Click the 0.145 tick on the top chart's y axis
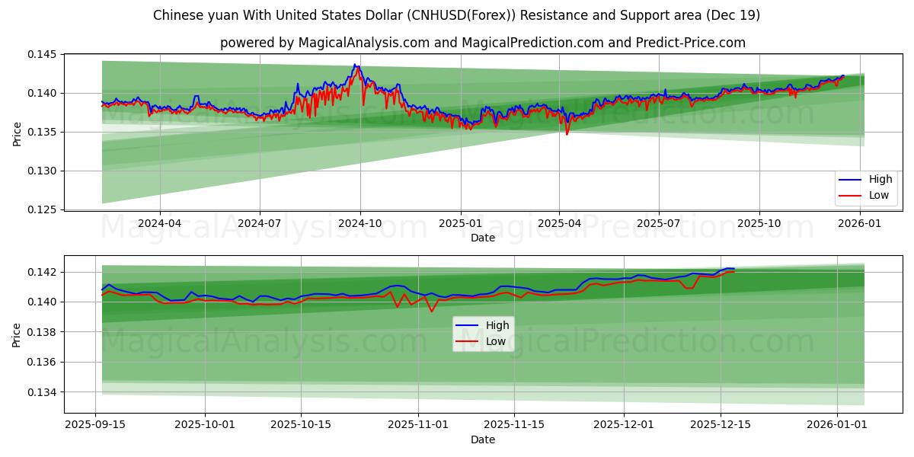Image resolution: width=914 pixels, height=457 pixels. coord(43,54)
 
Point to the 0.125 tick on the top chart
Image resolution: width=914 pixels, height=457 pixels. coord(43,209)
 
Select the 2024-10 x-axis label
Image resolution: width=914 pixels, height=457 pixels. coord(360,223)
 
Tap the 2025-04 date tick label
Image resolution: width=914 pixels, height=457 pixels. coord(559,223)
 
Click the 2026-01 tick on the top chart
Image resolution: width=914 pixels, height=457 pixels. coord(860,223)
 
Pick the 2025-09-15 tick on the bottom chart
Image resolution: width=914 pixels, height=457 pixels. coord(95,425)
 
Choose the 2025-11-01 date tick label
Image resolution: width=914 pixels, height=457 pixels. coord(418,425)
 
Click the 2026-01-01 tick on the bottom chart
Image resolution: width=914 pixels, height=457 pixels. coord(837,425)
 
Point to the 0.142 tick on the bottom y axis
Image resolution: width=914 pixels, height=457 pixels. coord(43,272)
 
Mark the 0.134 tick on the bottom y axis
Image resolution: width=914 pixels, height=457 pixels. coord(43,392)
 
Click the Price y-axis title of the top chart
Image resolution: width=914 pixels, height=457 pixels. coord(17,133)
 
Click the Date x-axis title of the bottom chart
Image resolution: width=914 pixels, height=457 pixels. coord(482,439)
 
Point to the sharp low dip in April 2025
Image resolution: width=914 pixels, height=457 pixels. coord(567,134)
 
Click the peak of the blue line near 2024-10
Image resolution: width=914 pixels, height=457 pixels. coord(354,65)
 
